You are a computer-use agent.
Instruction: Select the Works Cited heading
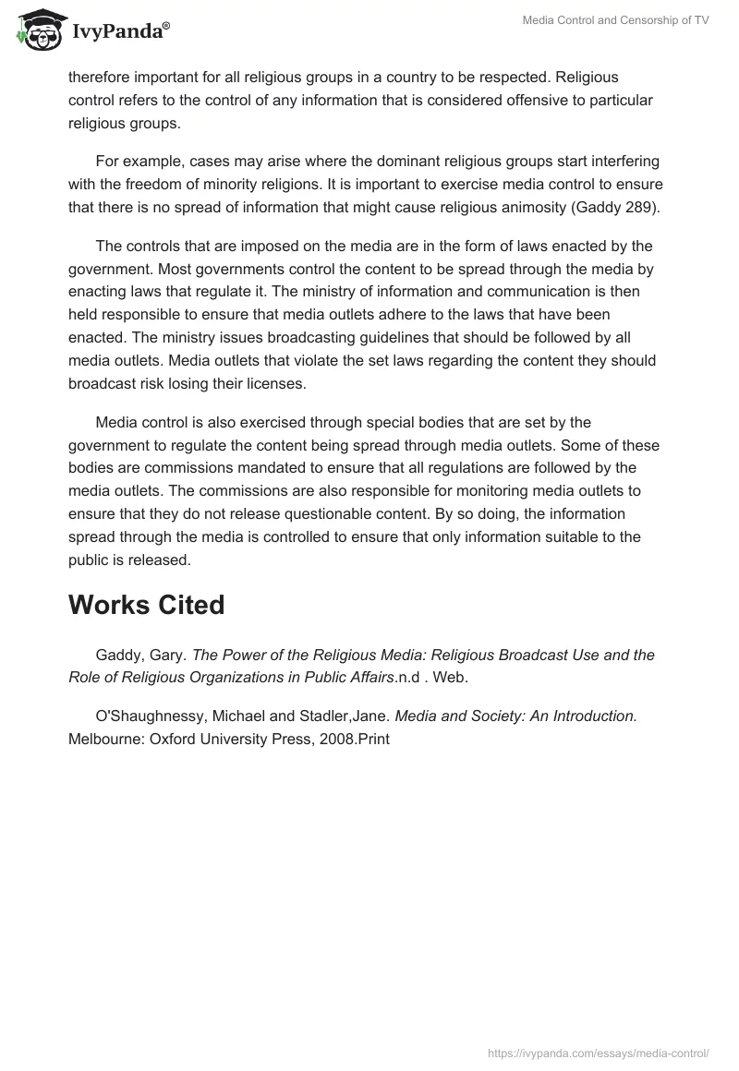[x=146, y=605]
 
